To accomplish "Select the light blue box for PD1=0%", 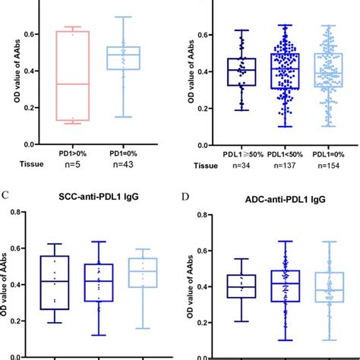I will click(122, 58).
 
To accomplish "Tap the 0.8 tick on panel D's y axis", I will click(202, 214).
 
